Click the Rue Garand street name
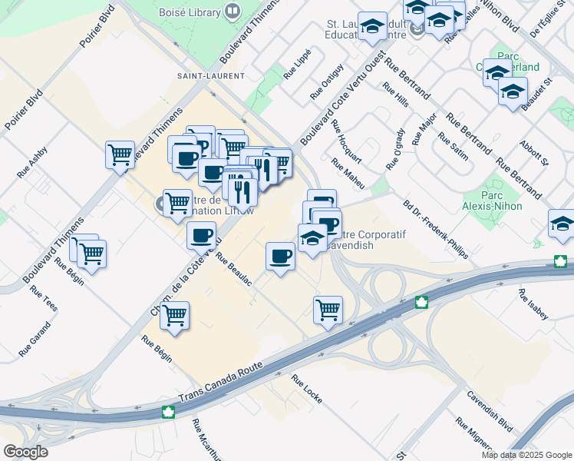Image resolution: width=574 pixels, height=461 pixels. (35, 339)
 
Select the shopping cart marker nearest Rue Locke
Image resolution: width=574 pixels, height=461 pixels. (328, 310)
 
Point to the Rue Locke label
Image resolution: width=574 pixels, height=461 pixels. (307, 390)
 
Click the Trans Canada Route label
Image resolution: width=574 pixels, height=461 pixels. (221, 381)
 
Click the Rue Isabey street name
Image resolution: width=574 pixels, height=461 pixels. (533, 304)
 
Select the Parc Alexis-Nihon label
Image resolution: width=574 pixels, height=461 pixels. (503, 199)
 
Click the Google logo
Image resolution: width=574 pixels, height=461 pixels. (25, 452)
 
